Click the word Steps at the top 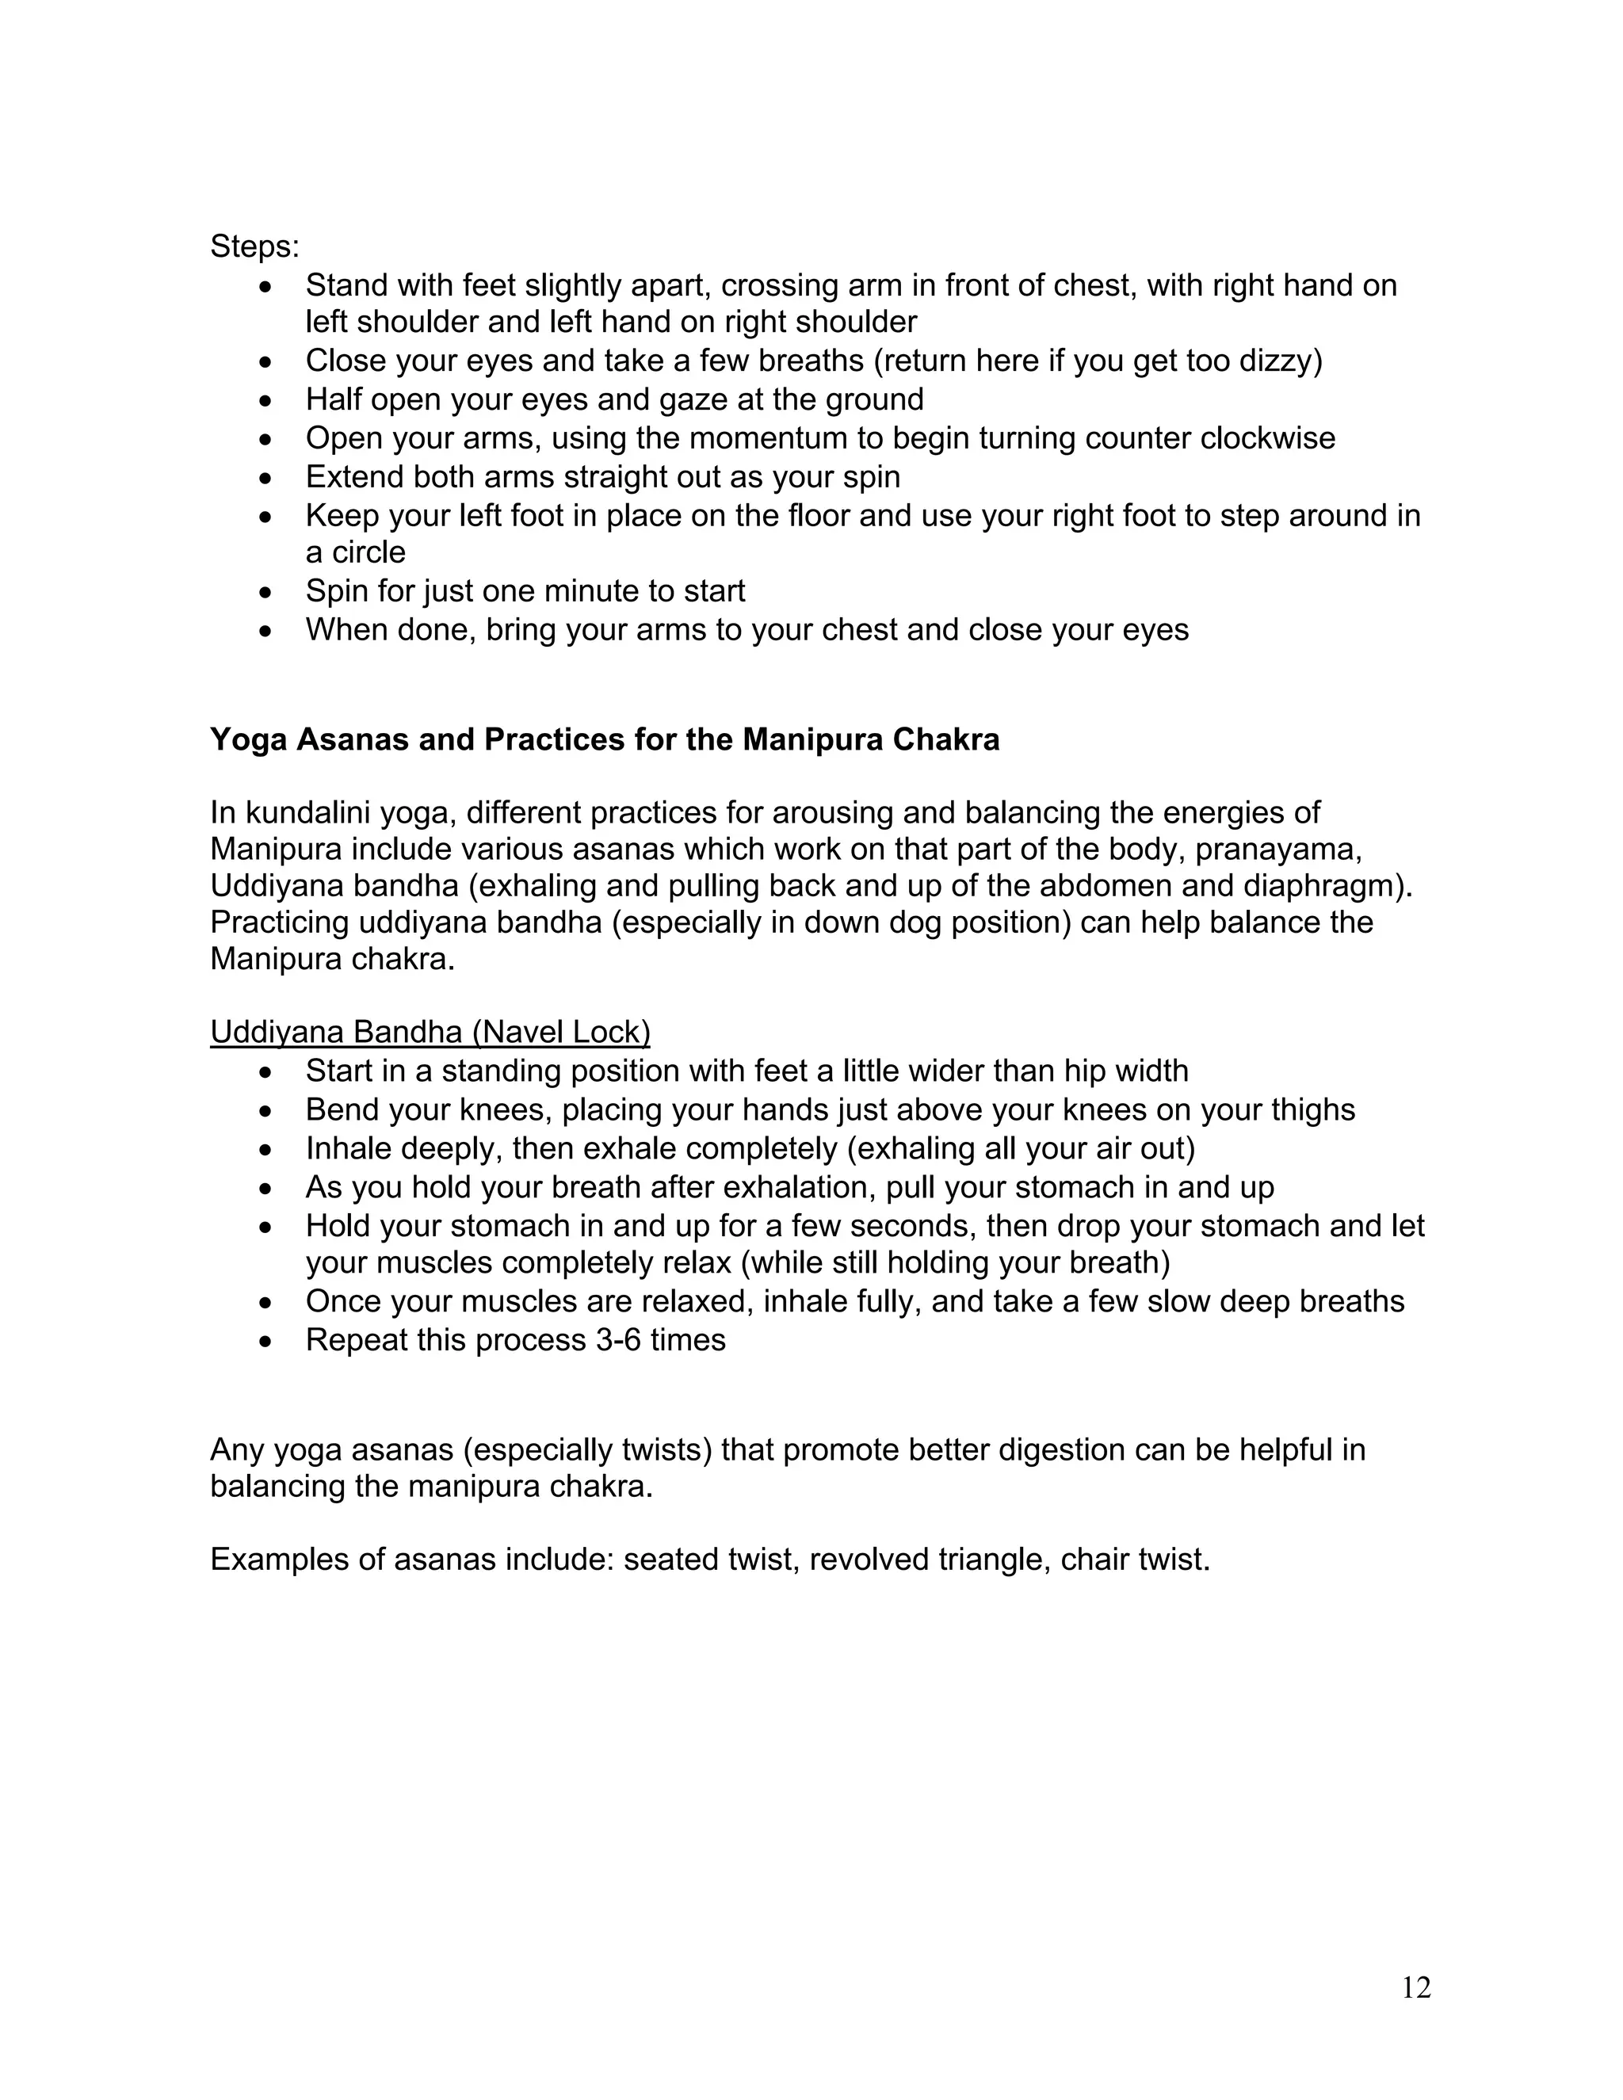pos(252,246)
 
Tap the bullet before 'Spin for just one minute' pos(266,592)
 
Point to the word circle pos(369,553)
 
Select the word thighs pos(1308,1110)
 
